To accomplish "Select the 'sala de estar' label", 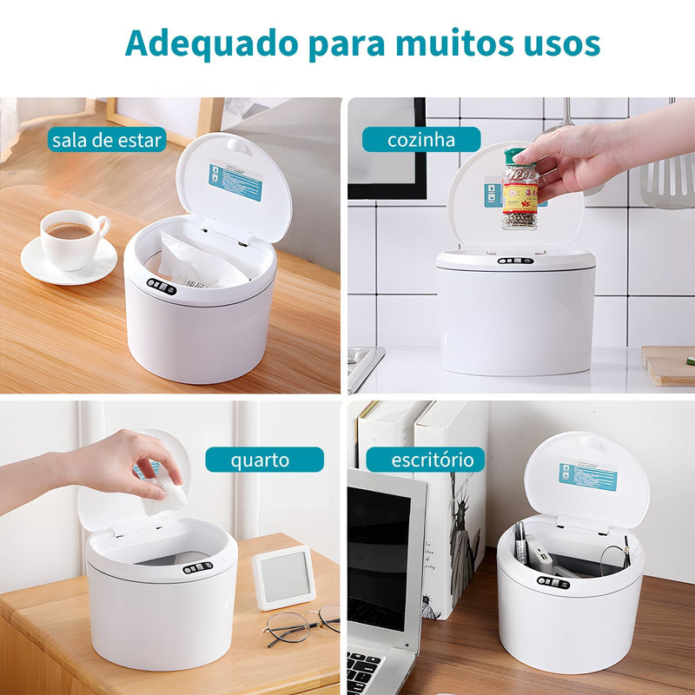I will click(107, 139).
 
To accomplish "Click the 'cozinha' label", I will click(420, 139).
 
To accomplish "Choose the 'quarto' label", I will click(264, 460).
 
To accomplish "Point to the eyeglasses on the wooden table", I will click(300, 624).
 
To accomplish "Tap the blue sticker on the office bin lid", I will click(587, 476).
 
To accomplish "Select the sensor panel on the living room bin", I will click(162, 286).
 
